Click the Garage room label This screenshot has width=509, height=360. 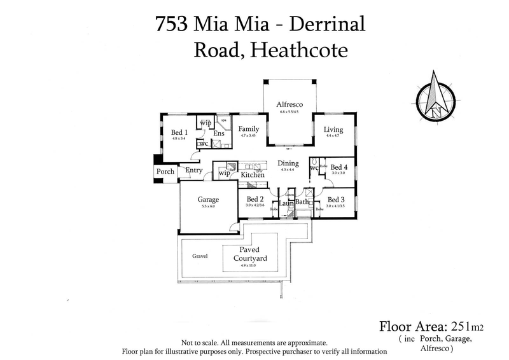tap(208, 198)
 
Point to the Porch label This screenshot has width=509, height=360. tap(166, 172)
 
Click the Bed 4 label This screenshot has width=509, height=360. tap(339, 165)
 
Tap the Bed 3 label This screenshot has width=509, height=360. tap(337, 200)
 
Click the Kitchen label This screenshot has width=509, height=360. tap(252, 174)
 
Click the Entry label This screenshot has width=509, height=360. tap(193, 170)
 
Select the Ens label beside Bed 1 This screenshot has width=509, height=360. tap(219, 134)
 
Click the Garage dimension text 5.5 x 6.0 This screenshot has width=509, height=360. tap(208, 206)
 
